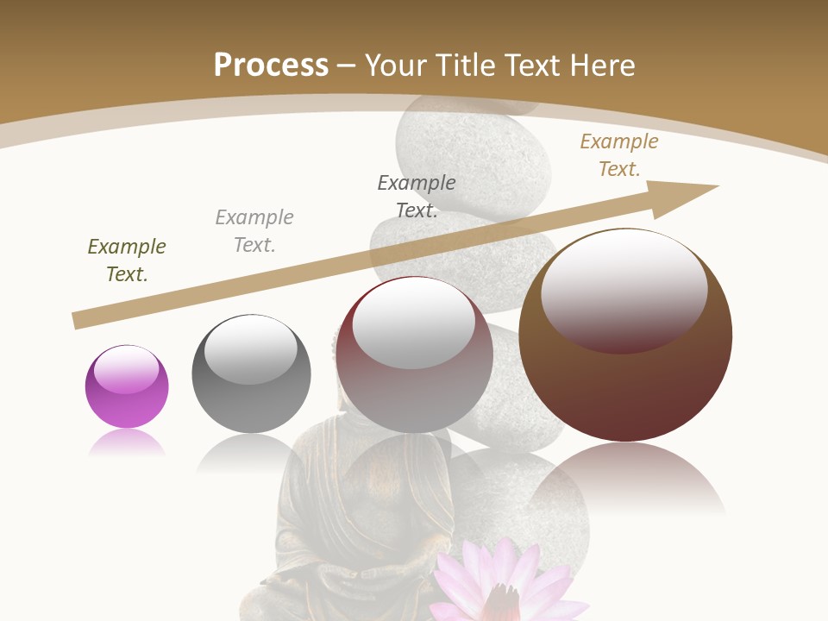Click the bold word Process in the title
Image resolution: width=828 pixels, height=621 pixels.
[271, 66]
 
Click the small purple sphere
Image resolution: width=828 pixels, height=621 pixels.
[127, 386]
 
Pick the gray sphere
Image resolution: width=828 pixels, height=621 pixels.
[251, 373]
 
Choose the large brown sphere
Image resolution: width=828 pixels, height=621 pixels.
[625, 335]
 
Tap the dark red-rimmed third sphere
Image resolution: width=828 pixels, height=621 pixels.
[414, 354]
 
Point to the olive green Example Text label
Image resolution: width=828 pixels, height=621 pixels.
[127, 260]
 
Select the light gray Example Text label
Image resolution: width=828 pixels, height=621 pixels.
[254, 231]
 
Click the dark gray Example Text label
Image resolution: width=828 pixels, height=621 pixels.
[417, 197]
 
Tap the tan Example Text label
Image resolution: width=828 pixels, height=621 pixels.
[619, 155]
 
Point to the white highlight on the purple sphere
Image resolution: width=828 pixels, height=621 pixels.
[127, 370]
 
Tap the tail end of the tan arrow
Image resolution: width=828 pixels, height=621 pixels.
[79, 320]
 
